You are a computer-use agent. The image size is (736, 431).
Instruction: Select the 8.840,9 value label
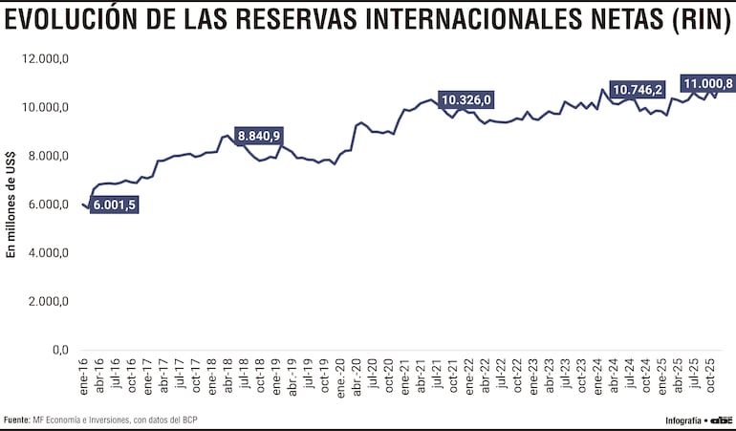pyautogui.click(x=259, y=136)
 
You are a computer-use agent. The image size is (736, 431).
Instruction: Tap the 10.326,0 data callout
pyautogui.click(x=465, y=99)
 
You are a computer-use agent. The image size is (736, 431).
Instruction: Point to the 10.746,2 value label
pyautogui.click(x=638, y=90)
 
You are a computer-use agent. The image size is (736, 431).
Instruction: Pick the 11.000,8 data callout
pyautogui.click(x=707, y=83)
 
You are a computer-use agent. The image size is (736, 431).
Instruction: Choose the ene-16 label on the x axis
pyautogui.click(x=84, y=376)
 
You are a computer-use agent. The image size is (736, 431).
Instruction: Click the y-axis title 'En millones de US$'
pyautogui.click(x=11, y=205)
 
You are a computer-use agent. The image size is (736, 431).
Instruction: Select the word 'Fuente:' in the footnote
pyautogui.click(x=16, y=420)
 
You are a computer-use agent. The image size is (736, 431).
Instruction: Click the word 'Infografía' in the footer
pyautogui.click(x=682, y=420)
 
